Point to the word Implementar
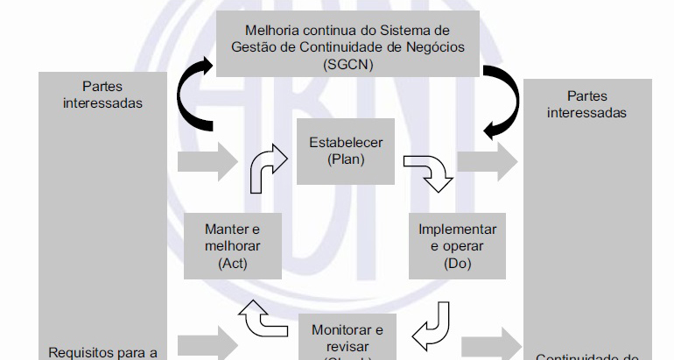click(x=457, y=229)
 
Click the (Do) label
click(x=457, y=263)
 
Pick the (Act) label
click(x=231, y=263)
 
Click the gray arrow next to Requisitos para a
click(x=207, y=341)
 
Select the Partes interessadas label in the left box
click(x=102, y=95)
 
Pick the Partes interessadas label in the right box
click(x=586, y=103)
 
